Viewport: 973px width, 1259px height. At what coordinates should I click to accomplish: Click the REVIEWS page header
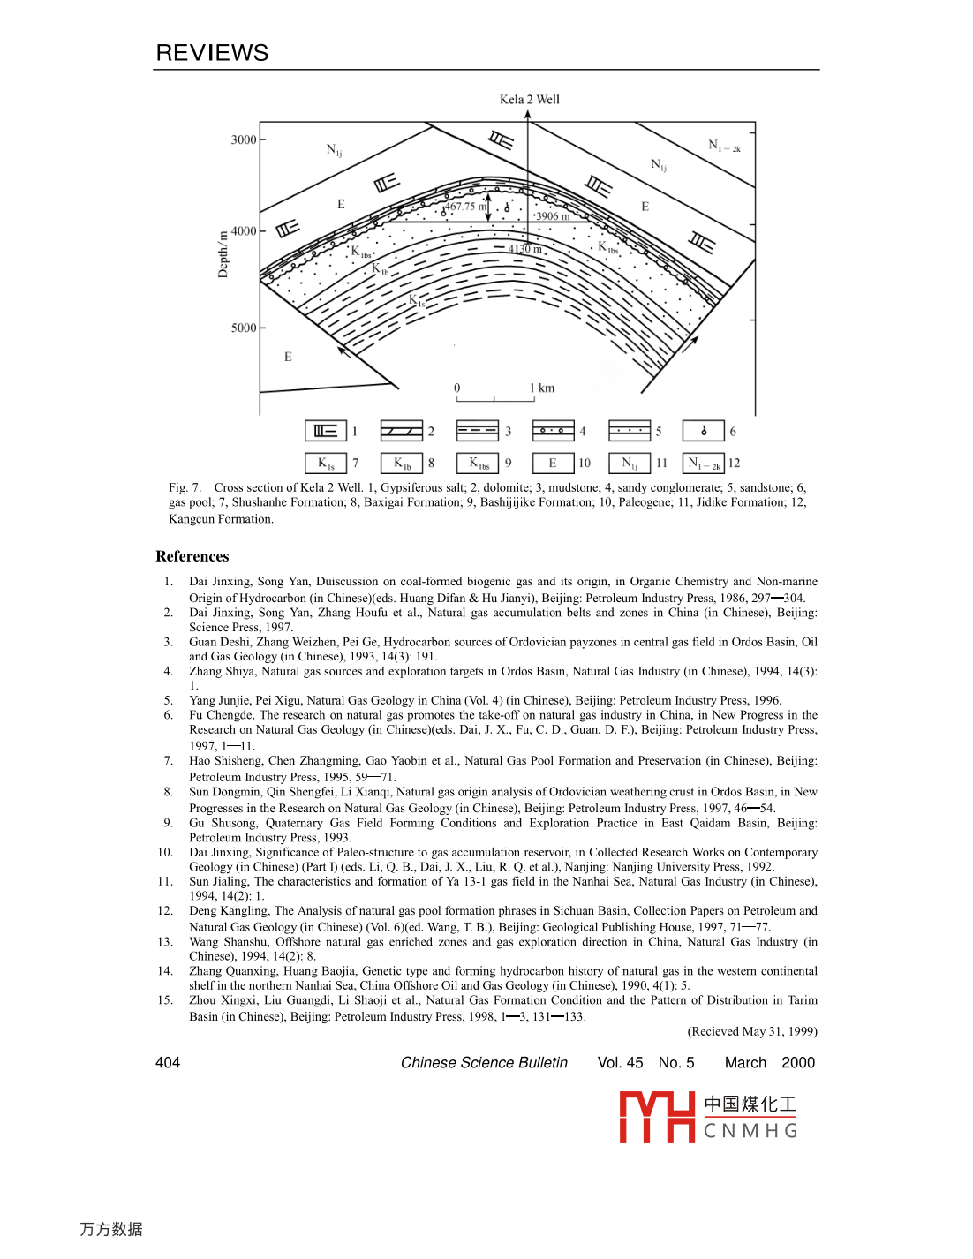[x=212, y=53]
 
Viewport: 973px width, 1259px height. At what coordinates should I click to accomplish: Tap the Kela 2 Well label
[x=529, y=99]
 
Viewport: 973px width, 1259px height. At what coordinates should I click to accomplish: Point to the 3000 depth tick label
[x=244, y=139]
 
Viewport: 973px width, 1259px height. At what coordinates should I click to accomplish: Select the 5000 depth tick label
[x=244, y=328]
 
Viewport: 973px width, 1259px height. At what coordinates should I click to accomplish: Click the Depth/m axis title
[x=223, y=253]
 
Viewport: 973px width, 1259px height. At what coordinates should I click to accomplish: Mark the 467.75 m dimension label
[x=465, y=207]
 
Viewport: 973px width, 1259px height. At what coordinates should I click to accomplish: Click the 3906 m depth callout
[x=553, y=216]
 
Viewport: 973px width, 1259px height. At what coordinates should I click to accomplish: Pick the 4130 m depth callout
[x=525, y=249]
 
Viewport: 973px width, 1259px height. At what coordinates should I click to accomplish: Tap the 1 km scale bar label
[x=542, y=388]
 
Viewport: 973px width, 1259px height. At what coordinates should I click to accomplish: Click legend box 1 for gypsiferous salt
[x=325, y=431]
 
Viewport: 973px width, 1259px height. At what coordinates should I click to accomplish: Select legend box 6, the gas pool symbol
[x=703, y=431]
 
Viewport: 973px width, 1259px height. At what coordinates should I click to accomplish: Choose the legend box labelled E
[x=553, y=463]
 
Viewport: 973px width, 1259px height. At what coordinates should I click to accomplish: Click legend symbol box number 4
[x=553, y=431]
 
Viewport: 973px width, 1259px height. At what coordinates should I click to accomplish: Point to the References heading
[x=192, y=556]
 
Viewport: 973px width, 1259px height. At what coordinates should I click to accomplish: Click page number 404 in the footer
[x=168, y=1062]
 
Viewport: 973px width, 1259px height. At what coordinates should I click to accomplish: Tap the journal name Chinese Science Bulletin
[x=484, y=1062]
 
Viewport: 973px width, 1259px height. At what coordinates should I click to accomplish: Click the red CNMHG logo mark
[x=657, y=1117]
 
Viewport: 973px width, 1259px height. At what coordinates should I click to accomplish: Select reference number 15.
[x=165, y=1000]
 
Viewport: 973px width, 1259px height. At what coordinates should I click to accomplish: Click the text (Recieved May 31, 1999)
[x=752, y=1031]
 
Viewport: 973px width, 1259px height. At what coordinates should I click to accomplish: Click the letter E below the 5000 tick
[x=288, y=357]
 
